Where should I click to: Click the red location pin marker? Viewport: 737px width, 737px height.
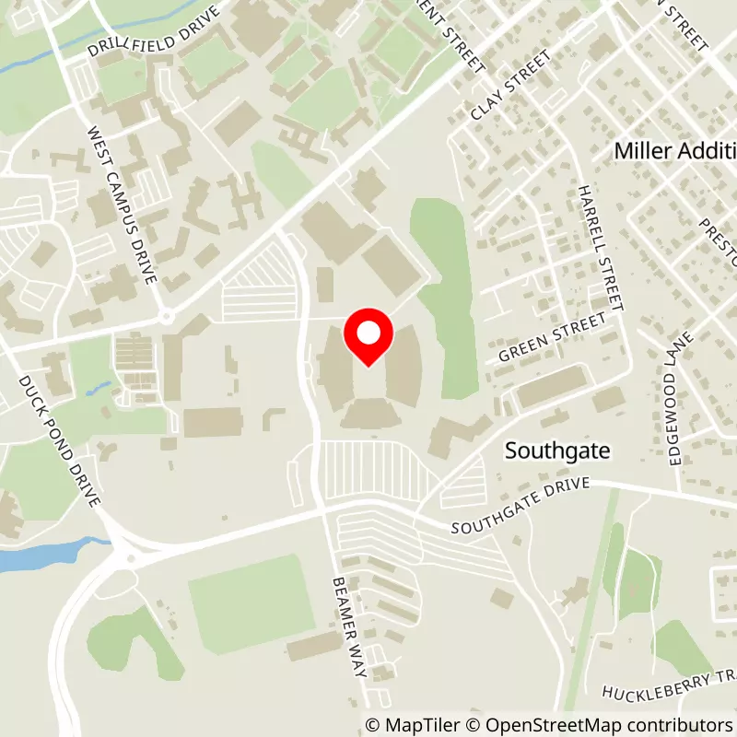tap(368, 336)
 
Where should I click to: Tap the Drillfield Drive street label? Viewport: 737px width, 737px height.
tap(154, 33)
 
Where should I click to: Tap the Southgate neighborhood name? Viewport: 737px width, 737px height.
tap(557, 451)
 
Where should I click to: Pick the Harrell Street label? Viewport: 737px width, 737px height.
tap(602, 247)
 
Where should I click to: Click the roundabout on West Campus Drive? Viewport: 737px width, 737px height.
tap(166, 317)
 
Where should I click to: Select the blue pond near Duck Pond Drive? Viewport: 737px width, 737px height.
tap(37, 556)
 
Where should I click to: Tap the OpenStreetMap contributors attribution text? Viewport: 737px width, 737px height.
tap(594, 725)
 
